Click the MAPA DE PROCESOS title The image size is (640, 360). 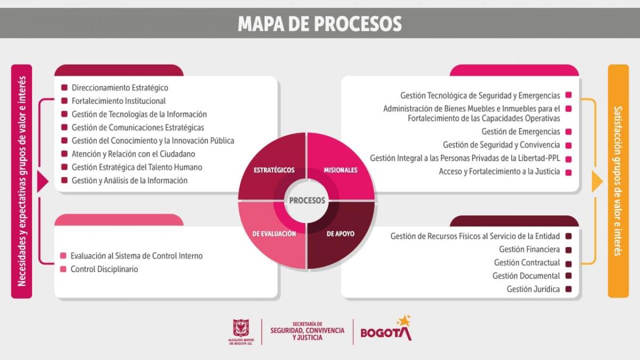pos(319,23)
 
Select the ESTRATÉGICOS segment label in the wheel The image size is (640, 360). pos(274,170)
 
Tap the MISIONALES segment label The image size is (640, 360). pos(340,170)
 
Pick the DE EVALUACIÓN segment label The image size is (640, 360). pos(274,234)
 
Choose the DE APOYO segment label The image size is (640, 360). pos(340,234)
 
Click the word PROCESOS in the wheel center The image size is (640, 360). pos(307,201)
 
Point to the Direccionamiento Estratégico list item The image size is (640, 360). pos(119,87)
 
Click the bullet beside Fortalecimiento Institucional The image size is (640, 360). pos(65,101)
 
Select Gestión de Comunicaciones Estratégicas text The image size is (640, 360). pos(138,127)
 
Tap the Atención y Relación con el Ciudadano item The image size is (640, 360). pos(133,154)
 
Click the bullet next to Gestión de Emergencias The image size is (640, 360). pos(569,132)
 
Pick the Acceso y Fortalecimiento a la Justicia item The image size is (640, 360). pos(499,171)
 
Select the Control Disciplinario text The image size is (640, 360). pos(105,269)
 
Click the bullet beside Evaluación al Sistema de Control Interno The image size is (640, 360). pos(63,255)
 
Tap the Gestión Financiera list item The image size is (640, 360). pos(530,250)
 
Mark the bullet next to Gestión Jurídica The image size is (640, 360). pos(569,289)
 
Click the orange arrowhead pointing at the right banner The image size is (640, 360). pos(597,182)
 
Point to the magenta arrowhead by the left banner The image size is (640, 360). pos(42,182)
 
